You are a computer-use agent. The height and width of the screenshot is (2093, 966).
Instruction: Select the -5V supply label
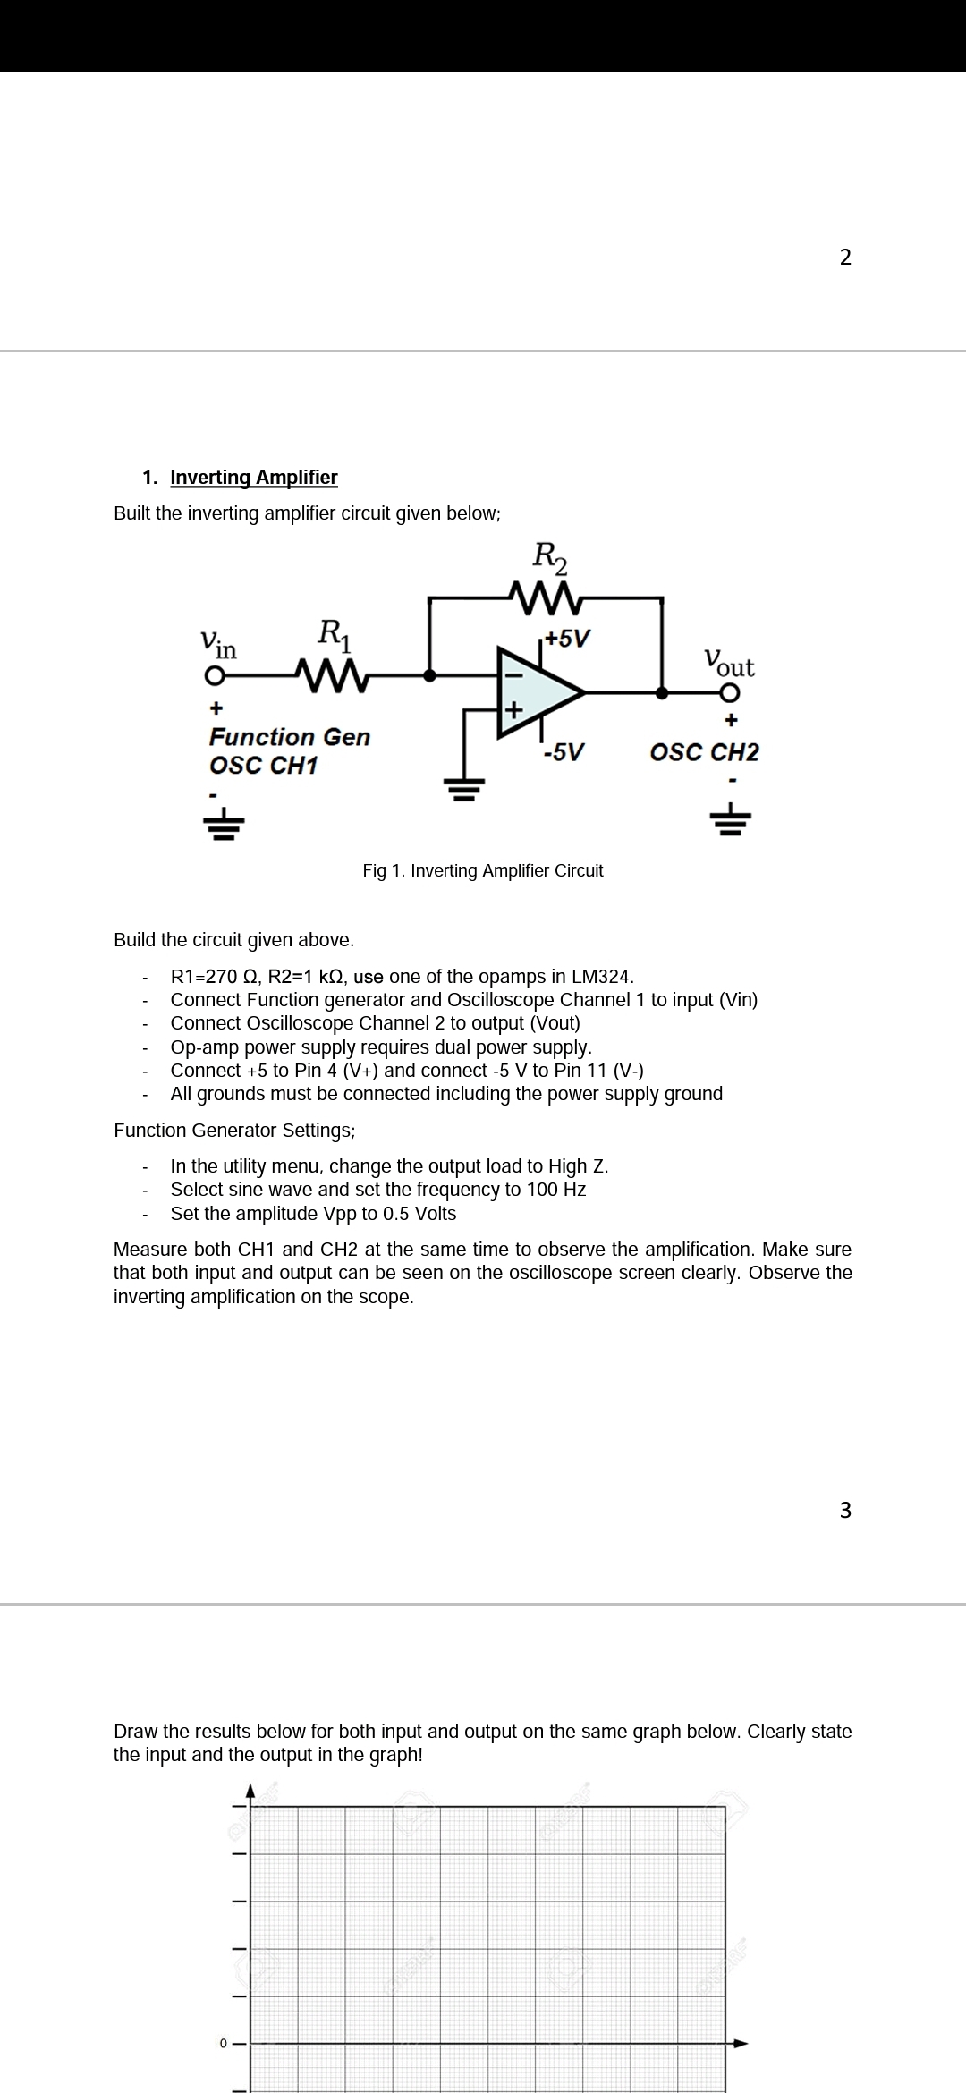[563, 751]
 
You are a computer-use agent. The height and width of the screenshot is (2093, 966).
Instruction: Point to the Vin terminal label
[217, 643]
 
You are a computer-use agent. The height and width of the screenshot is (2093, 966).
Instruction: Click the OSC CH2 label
[704, 752]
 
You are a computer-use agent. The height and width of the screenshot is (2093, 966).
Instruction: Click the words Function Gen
[289, 737]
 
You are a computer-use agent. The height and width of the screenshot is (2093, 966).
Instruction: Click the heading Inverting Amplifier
[254, 478]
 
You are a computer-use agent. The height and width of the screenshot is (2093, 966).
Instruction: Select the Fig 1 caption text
[483, 870]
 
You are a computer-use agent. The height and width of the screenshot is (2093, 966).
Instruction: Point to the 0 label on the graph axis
[224, 2044]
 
